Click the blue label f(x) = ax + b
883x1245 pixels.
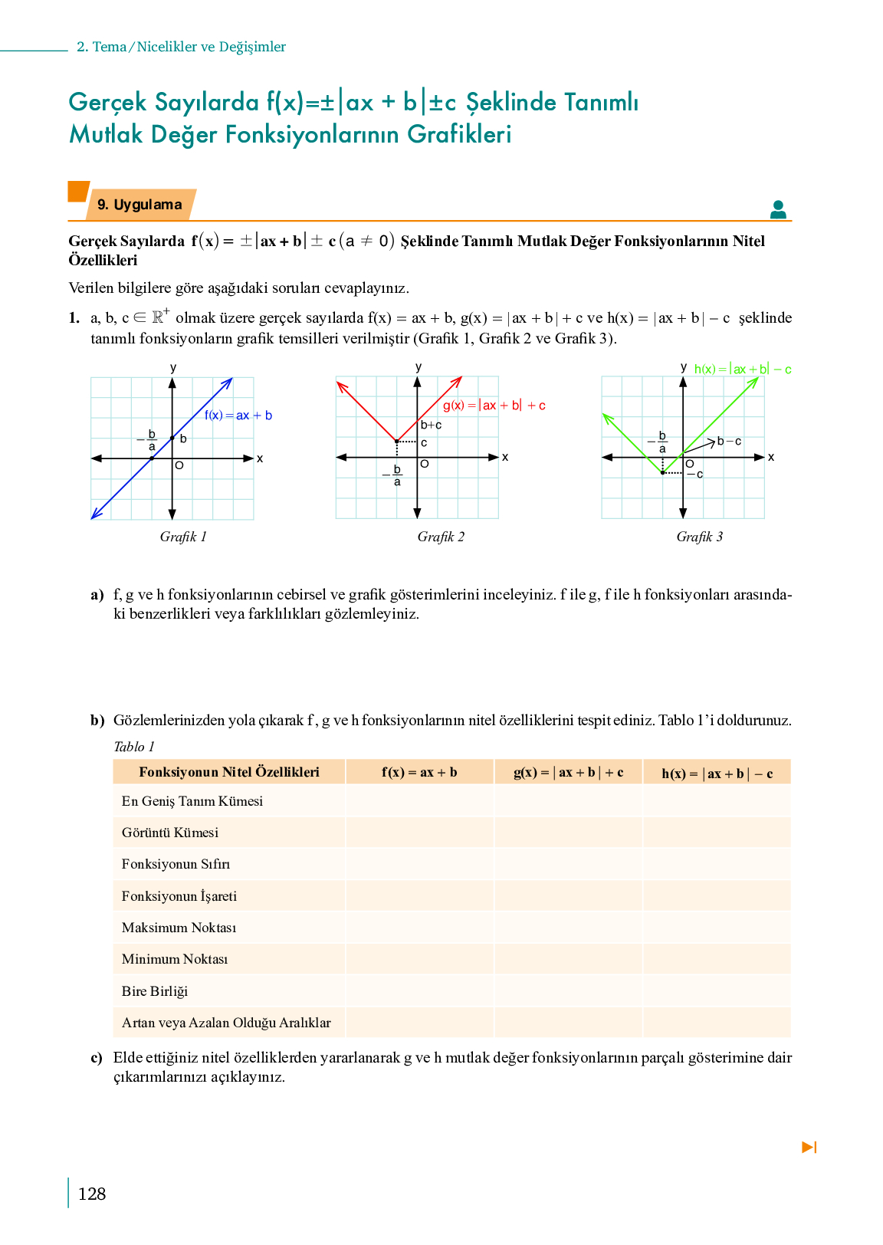click(x=238, y=416)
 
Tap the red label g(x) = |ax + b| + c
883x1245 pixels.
click(x=494, y=406)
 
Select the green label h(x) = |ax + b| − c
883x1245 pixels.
click(x=742, y=370)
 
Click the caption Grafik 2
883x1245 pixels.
click(x=441, y=537)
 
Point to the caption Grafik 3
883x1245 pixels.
click(x=699, y=537)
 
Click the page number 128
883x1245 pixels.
click(x=92, y=1194)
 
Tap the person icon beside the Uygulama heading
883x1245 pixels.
click(x=778, y=209)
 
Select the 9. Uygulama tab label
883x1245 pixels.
click(x=140, y=205)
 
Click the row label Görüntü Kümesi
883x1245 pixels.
click(x=170, y=833)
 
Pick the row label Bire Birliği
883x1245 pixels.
click(x=155, y=991)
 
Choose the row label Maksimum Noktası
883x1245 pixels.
click(x=179, y=928)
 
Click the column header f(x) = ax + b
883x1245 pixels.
click(x=419, y=772)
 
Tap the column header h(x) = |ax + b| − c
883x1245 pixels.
click(x=717, y=774)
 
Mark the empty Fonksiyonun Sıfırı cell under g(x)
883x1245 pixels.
click(x=568, y=864)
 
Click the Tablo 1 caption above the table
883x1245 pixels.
click(x=134, y=747)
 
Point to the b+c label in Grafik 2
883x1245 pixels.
click(x=432, y=425)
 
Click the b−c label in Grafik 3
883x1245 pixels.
click(x=729, y=441)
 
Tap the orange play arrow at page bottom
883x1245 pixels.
click(x=809, y=1147)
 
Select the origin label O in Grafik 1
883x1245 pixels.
click(x=179, y=465)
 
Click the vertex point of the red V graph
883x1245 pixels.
click(x=396, y=442)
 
